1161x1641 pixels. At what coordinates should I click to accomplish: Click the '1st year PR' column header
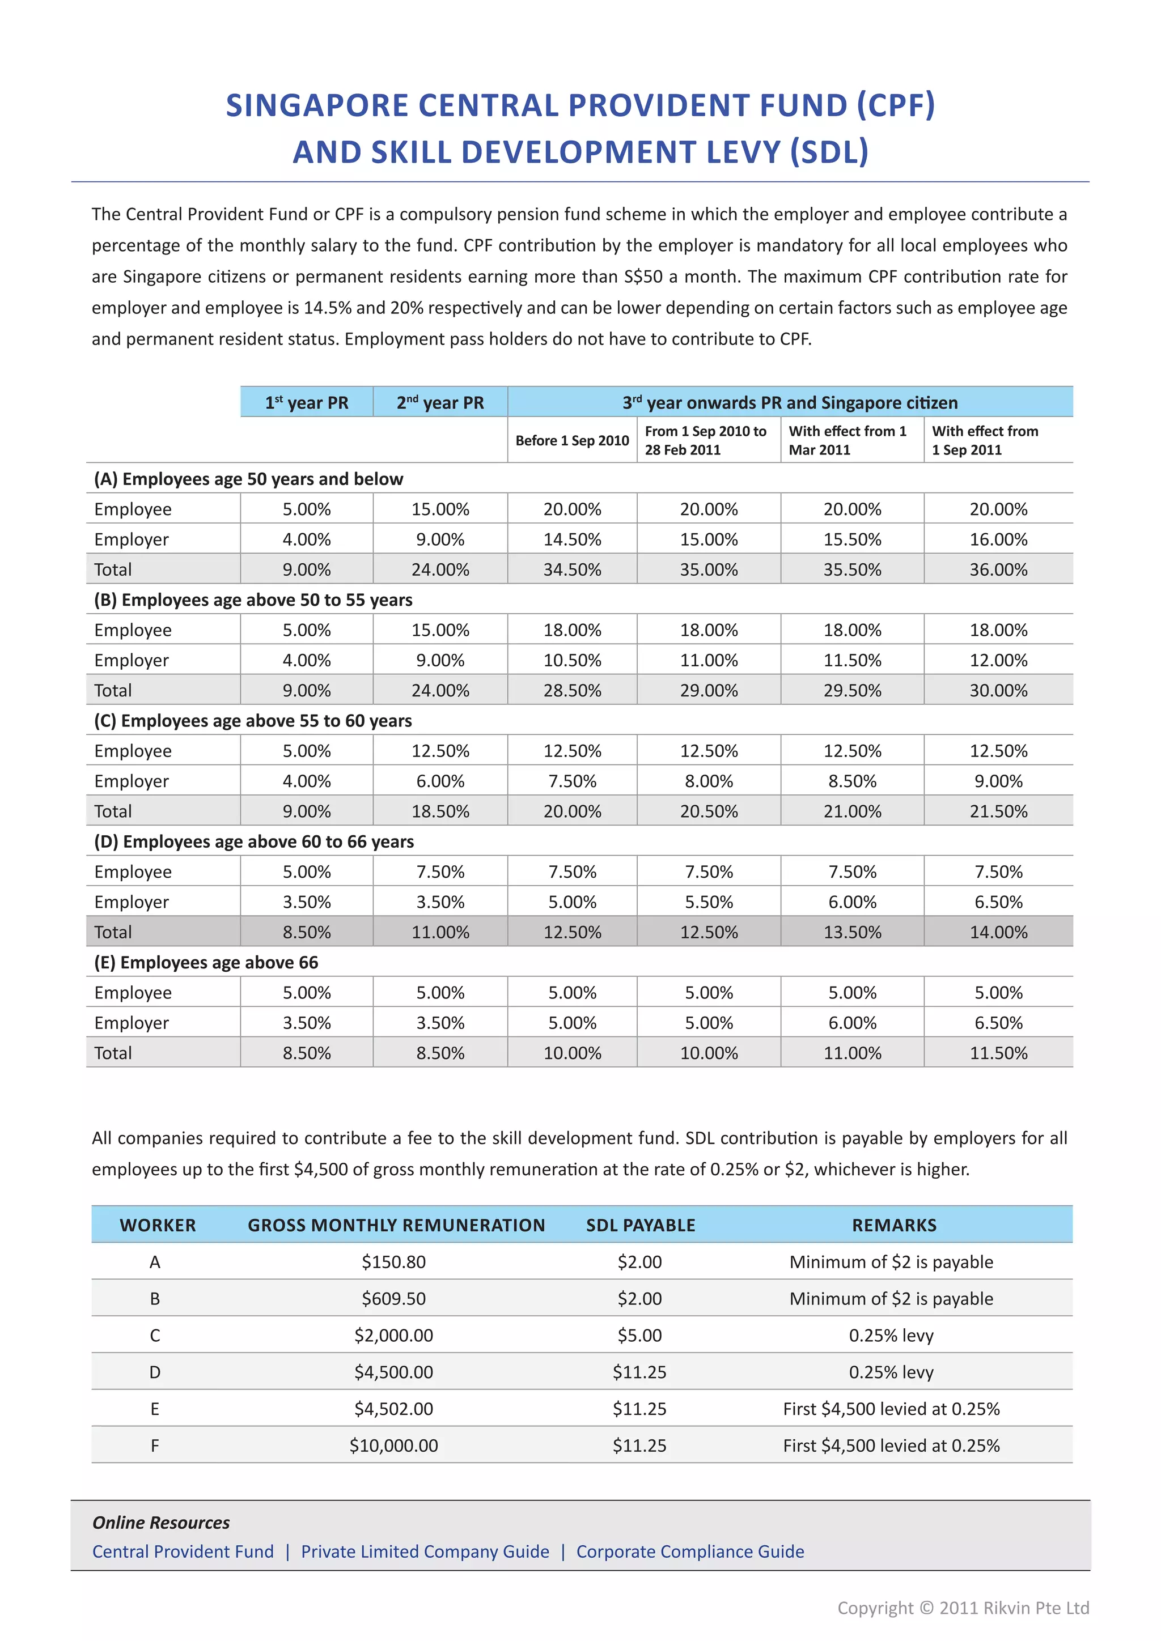point(307,402)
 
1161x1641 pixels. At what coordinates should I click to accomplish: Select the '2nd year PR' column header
point(440,402)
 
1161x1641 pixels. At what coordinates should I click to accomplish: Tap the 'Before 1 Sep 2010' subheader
point(572,440)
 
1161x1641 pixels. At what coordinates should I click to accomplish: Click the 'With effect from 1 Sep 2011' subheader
point(985,440)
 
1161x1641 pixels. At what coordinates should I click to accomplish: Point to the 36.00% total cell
point(998,569)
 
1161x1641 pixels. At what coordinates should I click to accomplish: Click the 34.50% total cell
point(572,569)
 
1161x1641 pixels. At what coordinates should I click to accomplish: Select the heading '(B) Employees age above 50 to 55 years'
point(253,600)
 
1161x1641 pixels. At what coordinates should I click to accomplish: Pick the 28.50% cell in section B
point(572,690)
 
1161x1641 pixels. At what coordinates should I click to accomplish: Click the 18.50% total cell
point(440,811)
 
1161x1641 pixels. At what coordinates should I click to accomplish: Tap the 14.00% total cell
point(998,932)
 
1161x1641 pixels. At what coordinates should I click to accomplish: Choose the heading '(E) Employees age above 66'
point(206,963)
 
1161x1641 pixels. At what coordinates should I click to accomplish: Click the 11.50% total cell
point(998,1053)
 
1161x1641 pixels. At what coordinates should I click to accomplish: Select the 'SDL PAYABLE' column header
point(641,1225)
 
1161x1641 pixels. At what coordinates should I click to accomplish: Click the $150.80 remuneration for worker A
point(393,1262)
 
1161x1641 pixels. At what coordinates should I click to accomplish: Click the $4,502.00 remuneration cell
point(393,1409)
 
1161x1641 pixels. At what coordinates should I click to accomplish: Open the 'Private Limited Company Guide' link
point(425,1551)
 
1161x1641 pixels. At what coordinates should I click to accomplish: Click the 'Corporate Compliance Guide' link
point(690,1551)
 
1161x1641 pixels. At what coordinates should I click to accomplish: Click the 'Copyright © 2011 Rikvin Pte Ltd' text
point(963,1608)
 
